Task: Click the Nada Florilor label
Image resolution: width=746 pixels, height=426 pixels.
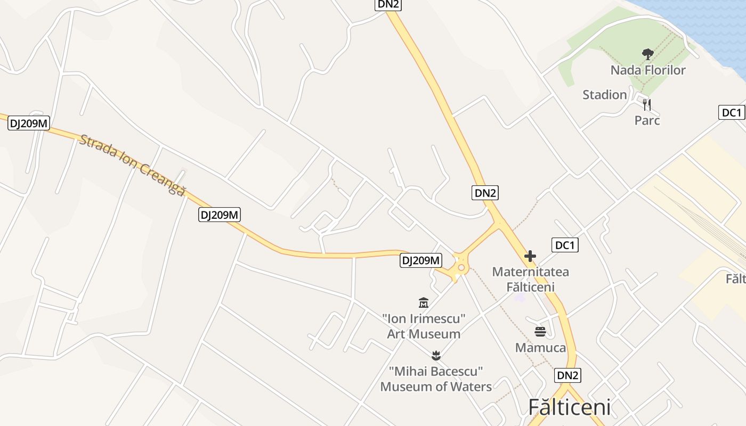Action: [x=647, y=70]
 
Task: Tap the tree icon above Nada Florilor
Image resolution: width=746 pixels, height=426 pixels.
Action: [x=647, y=54]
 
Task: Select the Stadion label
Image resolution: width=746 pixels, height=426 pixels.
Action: [x=604, y=95]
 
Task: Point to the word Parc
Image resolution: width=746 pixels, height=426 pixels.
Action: [x=647, y=120]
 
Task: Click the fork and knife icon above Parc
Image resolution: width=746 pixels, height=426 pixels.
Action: [x=647, y=104]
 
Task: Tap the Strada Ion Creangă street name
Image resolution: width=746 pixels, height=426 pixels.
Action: [x=132, y=165]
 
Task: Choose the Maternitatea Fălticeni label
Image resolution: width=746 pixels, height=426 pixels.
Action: [x=530, y=279]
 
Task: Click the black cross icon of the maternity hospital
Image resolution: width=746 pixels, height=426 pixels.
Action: [x=530, y=256]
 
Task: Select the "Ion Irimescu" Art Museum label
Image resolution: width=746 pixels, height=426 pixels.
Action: [x=424, y=326]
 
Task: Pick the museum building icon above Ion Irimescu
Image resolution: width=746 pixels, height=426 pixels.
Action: [x=424, y=303]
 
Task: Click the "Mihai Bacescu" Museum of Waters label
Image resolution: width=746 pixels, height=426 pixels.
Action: [x=436, y=379]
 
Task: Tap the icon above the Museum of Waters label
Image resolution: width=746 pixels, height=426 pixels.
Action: [x=436, y=355]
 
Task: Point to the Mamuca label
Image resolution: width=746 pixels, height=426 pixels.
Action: [x=540, y=348]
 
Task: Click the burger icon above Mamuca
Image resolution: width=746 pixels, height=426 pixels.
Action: [x=540, y=332]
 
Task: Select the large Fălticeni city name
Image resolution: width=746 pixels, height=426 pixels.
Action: [x=569, y=407]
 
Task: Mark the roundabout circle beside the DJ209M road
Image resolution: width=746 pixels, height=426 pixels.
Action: [x=460, y=267]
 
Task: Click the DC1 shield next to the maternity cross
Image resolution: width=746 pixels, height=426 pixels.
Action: [x=565, y=245]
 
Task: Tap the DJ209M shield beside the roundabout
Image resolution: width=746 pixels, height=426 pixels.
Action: [x=421, y=260]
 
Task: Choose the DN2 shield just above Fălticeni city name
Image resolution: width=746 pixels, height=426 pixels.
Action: [x=567, y=375]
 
